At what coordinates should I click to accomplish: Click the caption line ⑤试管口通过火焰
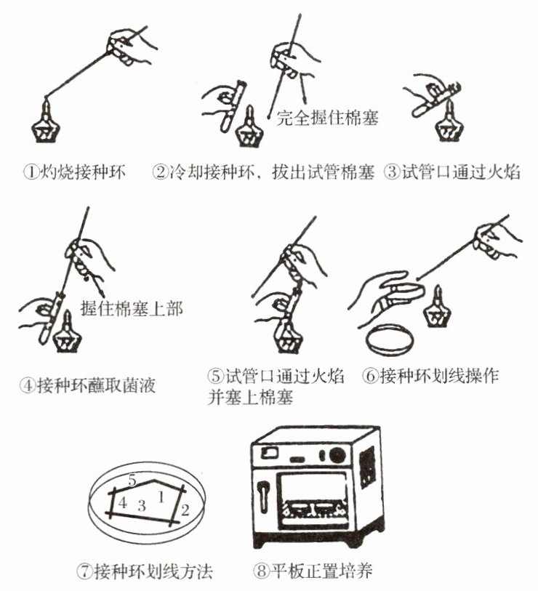click(276, 376)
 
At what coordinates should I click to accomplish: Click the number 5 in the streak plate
click(132, 481)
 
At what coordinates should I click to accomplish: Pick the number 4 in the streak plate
click(123, 503)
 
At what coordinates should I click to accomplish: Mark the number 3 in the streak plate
click(142, 505)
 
